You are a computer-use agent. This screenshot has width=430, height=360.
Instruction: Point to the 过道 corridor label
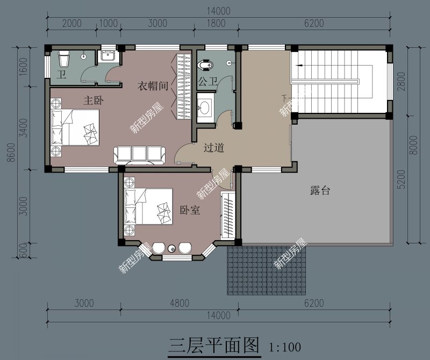pos(213,148)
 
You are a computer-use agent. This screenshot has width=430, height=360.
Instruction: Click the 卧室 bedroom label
pos(190,210)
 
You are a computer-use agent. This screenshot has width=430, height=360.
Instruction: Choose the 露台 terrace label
pos(320,190)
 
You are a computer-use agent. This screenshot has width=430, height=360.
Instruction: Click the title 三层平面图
pos(214,344)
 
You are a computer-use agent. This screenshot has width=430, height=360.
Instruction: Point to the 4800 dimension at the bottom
pos(179,303)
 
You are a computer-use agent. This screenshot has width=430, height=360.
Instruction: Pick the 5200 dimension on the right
pos(401,178)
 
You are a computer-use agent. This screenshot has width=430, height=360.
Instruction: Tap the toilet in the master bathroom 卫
pos(64,57)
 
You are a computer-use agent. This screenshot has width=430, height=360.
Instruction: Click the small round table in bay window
pos(172,248)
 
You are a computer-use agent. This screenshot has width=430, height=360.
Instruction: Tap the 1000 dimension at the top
pos(109,23)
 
